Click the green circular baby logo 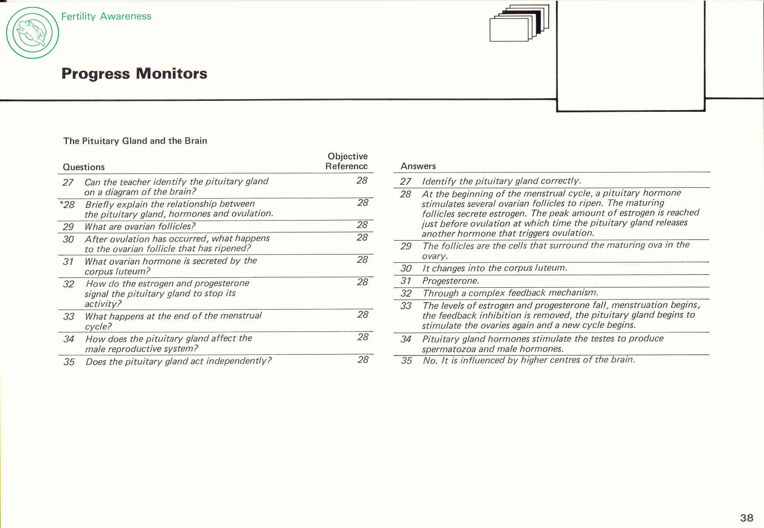32,33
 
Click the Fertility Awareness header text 106,16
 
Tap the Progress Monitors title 134,73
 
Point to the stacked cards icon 519,23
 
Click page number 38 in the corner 747,518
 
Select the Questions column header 83,167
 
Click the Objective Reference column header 347,161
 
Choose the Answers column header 418,166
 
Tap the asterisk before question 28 61,203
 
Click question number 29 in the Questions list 68,227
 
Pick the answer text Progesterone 450,281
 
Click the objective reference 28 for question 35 363,359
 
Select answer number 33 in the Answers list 406,306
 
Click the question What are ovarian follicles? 140,226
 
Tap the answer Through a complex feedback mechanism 510,293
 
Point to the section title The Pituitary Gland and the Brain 135,141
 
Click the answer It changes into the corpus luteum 494,268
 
